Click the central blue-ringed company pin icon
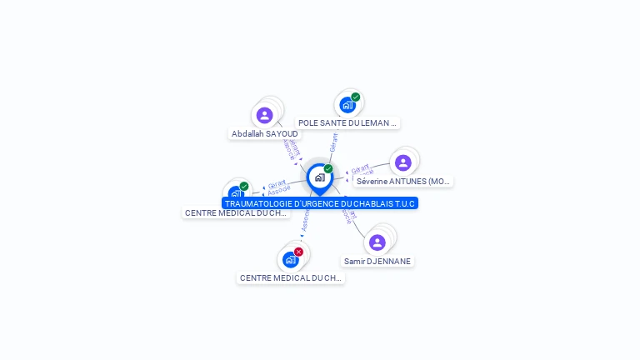click(x=319, y=177)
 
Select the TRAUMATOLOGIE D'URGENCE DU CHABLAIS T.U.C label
click(x=320, y=203)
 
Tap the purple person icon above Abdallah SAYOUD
click(x=265, y=115)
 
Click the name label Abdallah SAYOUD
click(x=265, y=134)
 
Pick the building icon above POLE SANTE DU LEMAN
click(x=347, y=105)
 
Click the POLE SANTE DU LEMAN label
click(x=347, y=123)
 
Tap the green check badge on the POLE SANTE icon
click(x=356, y=97)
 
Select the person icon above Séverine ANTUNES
click(x=403, y=162)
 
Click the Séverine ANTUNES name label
click(x=403, y=181)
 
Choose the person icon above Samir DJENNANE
click(x=377, y=242)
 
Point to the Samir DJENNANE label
click(x=378, y=262)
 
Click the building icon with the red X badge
click(x=290, y=259)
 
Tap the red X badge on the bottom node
click(x=298, y=252)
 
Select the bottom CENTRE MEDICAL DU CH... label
click(x=291, y=278)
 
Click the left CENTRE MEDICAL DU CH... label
click(x=237, y=213)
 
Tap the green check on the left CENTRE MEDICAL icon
click(x=244, y=186)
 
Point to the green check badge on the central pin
click(x=328, y=169)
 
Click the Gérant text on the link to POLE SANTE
click(x=333, y=142)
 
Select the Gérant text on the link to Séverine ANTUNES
click(x=360, y=168)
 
